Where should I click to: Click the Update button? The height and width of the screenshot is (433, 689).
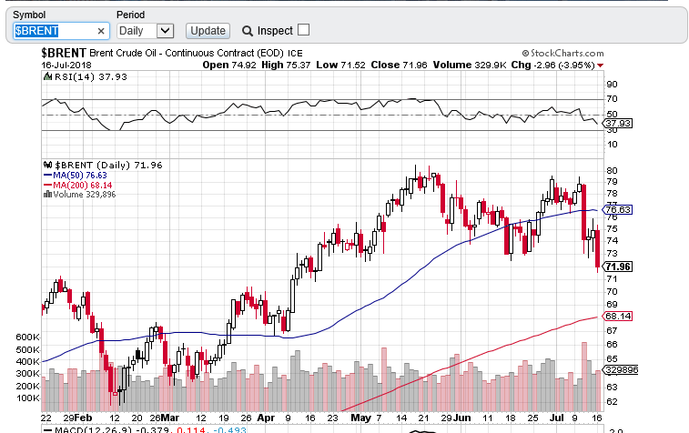point(208,30)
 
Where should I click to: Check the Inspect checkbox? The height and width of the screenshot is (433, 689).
point(303,29)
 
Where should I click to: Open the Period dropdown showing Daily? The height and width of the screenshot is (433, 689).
point(145,30)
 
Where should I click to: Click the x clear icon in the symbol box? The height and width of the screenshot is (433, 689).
point(101,31)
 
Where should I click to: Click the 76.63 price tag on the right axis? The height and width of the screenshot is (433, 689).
point(618,209)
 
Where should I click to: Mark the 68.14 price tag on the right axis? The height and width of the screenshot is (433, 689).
point(618,317)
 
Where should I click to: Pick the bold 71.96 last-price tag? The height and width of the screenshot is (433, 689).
point(618,267)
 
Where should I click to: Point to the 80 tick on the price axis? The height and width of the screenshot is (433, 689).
point(612,170)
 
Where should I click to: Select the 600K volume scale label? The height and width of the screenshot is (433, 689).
point(27,337)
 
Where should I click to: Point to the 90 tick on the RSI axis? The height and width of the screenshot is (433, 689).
point(612,85)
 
